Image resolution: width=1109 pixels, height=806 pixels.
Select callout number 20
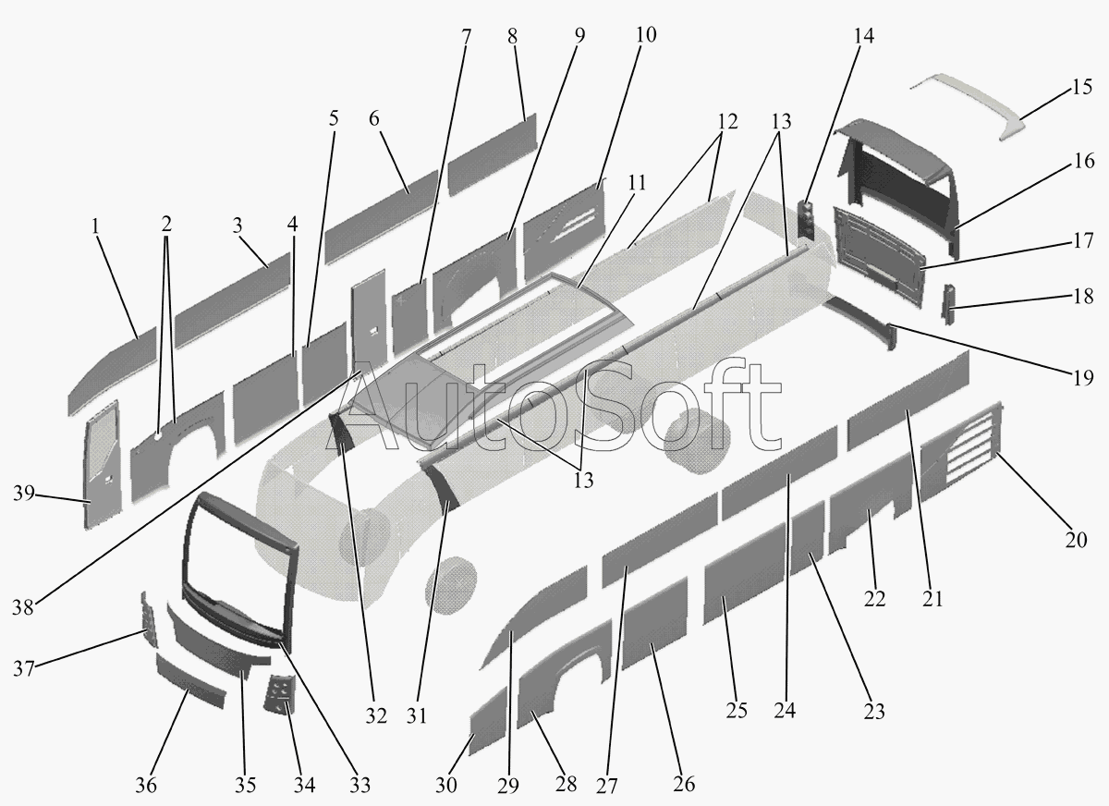coord(1075,540)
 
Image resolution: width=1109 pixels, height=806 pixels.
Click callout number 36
coord(146,785)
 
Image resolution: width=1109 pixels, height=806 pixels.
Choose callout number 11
coord(635,183)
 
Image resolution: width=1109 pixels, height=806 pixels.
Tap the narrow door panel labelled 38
coord(367,314)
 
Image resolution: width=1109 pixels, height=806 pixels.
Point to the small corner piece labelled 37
coord(145,616)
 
